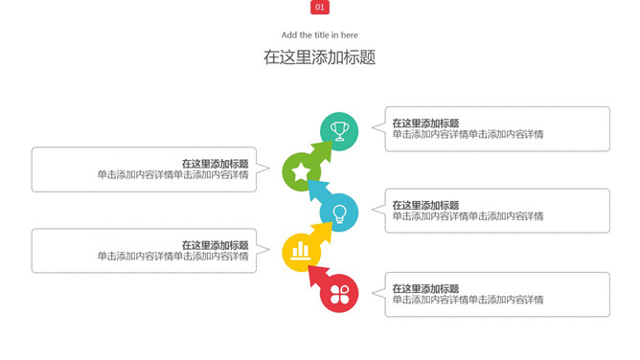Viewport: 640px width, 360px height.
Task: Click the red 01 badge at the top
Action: pyautogui.click(x=320, y=8)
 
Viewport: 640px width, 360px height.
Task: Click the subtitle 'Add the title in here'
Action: pyautogui.click(x=320, y=35)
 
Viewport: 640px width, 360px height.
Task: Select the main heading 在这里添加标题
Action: pyautogui.click(x=320, y=57)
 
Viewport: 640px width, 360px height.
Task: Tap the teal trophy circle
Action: pyautogui.click(x=339, y=131)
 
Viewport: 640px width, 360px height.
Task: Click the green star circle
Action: pyautogui.click(x=301, y=172)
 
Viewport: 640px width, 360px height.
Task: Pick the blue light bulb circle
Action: pyautogui.click(x=339, y=213)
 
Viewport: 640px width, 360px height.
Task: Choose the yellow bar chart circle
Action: pyautogui.click(x=301, y=252)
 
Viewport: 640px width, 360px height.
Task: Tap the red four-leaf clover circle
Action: pyautogui.click(x=339, y=293)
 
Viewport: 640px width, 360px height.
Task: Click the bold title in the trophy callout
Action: pyautogui.click(x=425, y=124)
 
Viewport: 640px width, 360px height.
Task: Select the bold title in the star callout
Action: pyautogui.click(x=215, y=164)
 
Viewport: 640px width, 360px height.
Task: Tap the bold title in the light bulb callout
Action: pyautogui.click(x=425, y=205)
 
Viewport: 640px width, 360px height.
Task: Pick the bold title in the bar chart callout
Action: pyautogui.click(x=215, y=245)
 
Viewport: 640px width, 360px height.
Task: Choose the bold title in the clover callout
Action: pyautogui.click(x=425, y=288)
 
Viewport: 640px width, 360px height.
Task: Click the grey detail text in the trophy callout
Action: pyautogui.click(x=468, y=135)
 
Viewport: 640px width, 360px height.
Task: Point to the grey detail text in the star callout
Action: pyautogui.click(x=172, y=175)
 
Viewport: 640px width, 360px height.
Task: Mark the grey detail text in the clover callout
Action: pyautogui.click(x=468, y=300)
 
